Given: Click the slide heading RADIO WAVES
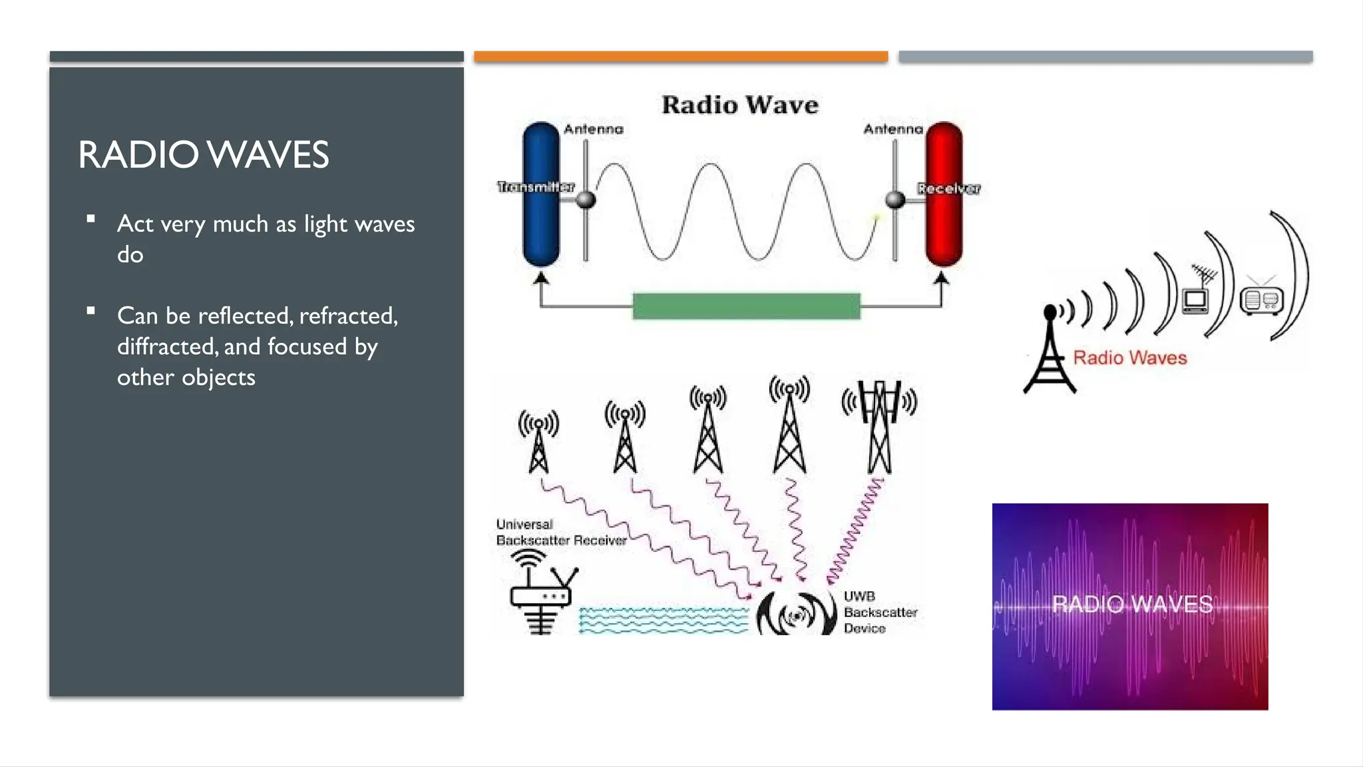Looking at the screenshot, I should click(x=203, y=154).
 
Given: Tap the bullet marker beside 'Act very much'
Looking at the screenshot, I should click(x=91, y=218).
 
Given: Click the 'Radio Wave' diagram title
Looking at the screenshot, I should click(x=739, y=105).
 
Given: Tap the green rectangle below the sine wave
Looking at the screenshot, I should click(x=746, y=306).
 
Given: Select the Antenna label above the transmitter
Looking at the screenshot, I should click(x=594, y=129).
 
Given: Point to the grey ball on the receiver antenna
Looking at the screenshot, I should click(x=896, y=199).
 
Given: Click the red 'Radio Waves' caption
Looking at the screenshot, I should click(x=1129, y=358).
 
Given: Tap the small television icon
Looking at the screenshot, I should click(x=1195, y=300).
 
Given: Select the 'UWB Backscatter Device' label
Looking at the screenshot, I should click(x=880, y=613).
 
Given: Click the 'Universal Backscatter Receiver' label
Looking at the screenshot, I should click(x=560, y=533).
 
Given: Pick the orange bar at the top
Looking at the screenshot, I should click(x=681, y=57).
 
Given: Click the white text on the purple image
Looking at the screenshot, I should click(x=1132, y=605).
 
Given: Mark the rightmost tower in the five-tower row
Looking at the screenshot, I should click(x=879, y=426).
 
